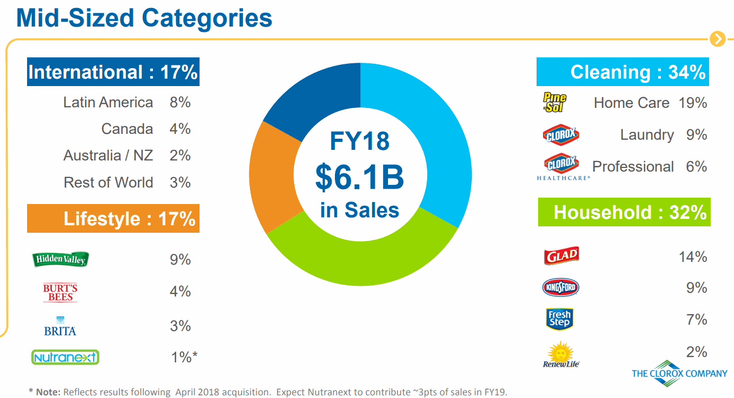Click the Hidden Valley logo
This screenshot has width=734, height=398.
pos(61,259)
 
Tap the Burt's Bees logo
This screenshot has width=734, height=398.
pos(60,292)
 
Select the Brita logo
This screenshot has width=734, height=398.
pos(60,326)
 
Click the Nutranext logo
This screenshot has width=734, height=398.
pos(65,357)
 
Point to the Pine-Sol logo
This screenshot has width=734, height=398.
pos(555,102)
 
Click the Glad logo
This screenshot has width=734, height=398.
pos(561,256)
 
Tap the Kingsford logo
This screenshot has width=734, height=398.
pos(560,288)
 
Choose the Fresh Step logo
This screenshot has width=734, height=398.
pos(559,319)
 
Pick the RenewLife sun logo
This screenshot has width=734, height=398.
pos(560,354)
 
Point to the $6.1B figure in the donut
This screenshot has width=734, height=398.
pos(359,178)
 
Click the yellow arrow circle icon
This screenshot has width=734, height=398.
pos(717,39)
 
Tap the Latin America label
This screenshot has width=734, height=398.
pos(108,103)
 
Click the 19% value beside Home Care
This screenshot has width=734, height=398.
pos(693,103)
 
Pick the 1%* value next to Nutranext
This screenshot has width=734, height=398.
pos(184,357)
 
